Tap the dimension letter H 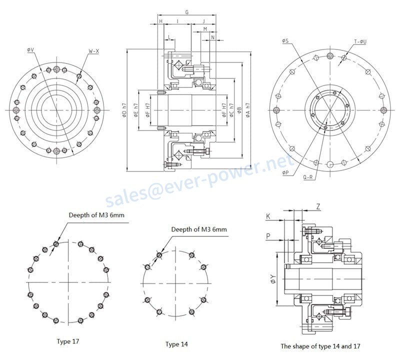tap(160, 21)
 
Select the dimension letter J tap(203, 21)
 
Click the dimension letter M tap(205, 29)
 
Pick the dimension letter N tap(213, 37)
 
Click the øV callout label tap(30, 50)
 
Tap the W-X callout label tap(93, 51)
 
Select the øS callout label tap(285, 40)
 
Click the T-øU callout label tap(360, 41)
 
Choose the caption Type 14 tap(177, 344)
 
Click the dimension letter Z tap(318, 206)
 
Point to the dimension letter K tap(268, 216)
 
